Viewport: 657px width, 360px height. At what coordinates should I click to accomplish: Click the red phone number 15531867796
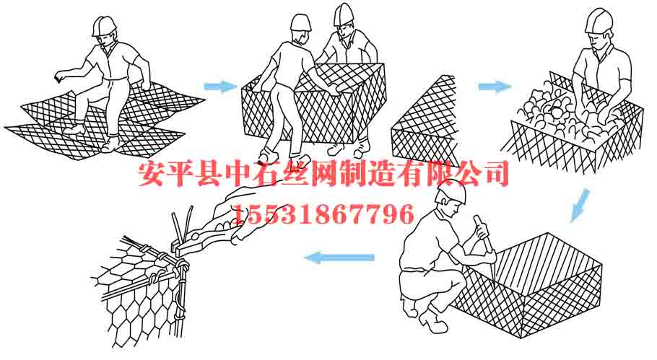coord(322,214)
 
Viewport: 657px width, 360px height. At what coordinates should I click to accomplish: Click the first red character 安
coord(154,175)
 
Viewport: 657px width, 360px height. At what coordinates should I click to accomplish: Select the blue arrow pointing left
coord(339,258)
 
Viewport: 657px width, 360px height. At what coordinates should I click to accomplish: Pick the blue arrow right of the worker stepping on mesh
coord(219,87)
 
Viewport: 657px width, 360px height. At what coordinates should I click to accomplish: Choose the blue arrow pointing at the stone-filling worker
coord(495,87)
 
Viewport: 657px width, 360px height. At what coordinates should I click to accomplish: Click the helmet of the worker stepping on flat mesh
coord(105,25)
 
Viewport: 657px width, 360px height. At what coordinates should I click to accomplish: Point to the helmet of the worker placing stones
coord(600,19)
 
